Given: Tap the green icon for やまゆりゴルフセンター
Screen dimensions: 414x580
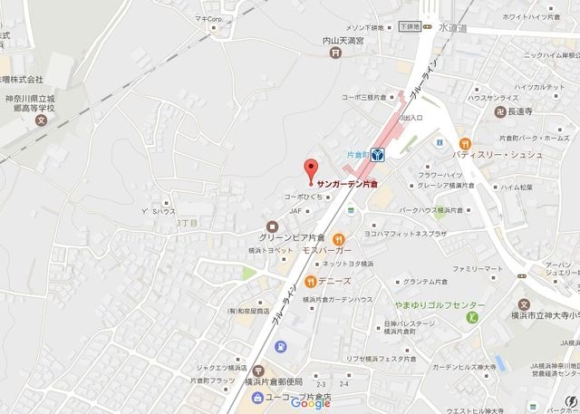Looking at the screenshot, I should point(470,317).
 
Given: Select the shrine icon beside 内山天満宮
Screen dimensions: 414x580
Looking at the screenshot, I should point(336,53).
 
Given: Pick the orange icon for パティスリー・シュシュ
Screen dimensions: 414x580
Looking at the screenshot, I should point(465,142).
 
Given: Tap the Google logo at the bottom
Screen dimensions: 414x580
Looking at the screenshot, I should point(311,403).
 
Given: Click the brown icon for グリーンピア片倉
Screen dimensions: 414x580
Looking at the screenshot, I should point(270,226).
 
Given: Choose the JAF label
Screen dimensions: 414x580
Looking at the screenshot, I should point(295,211).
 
